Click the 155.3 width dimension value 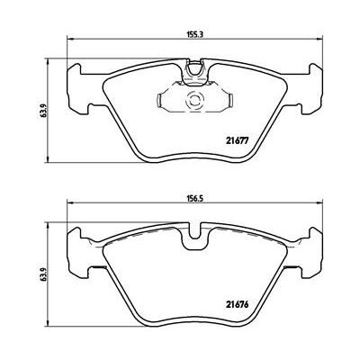(x=195, y=34)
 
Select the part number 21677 (x=237, y=140)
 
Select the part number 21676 (x=237, y=305)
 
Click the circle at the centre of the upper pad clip (x=194, y=99)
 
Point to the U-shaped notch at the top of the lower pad (x=195, y=237)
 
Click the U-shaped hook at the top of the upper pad (x=195, y=68)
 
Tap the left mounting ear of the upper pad (x=78, y=89)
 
